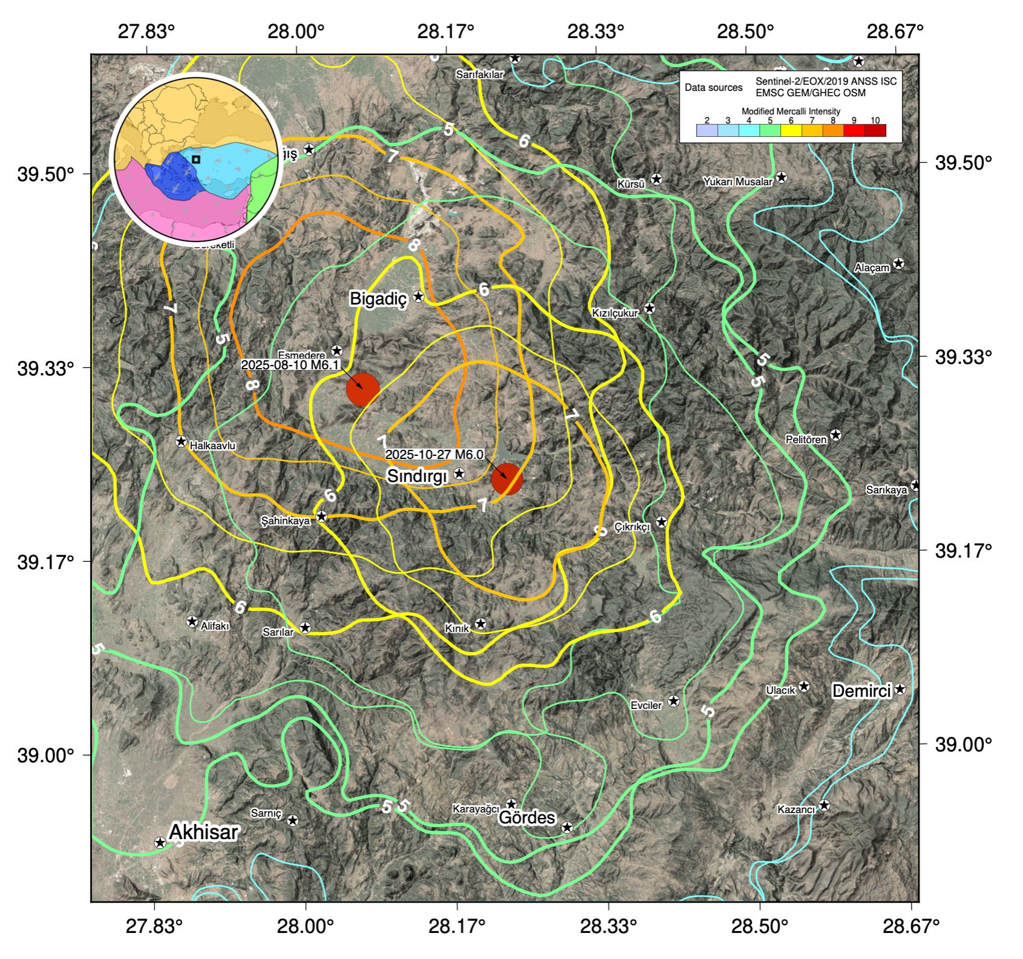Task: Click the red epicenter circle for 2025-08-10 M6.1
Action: tap(363, 389)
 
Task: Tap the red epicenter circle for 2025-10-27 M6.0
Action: tap(507, 479)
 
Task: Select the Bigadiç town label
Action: tap(378, 298)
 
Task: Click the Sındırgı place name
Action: tap(416, 476)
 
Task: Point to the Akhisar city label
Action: tap(203, 832)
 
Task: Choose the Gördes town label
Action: tap(526, 817)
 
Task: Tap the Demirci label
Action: tap(861, 690)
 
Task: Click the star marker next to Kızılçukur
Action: tap(649, 308)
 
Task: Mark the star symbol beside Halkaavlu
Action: tap(180, 441)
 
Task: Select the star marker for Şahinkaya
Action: tap(322, 516)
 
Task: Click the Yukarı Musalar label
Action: tap(737, 181)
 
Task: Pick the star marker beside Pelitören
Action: tap(835, 435)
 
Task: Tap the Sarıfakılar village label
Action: tap(479, 74)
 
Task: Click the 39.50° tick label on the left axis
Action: tap(45, 174)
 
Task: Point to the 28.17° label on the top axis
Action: tap(446, 31)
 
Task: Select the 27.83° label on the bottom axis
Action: tap(154, 926)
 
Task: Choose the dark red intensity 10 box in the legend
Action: tap(875, 130)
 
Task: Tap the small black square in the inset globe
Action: tap(196, 159)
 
